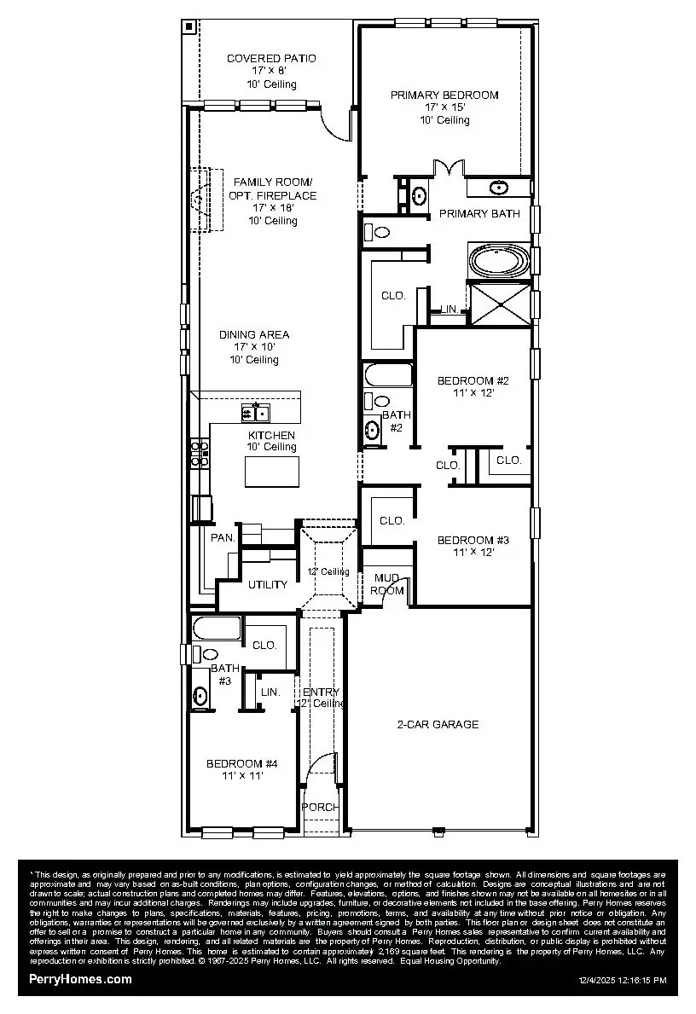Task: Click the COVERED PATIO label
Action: tap(271, 58)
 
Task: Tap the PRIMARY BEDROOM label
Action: tap(444, 95)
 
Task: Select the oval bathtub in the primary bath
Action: tap(499, 260)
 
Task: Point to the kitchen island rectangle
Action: tap(272, 472)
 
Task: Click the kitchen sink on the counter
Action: tap(255, 414)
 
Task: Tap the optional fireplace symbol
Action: tap(200, 200)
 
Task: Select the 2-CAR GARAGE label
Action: tap(438, 724)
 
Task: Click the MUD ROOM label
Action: tap(388, 584)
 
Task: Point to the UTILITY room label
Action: tap(268, 585)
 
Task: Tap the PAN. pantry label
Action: tap(223, 537)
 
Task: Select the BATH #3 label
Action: tap(224, 675)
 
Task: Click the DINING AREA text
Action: tap(254, 334)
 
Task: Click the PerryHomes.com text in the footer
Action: tap(81, 979)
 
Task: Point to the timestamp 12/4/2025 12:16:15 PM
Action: tap(622, 981)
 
